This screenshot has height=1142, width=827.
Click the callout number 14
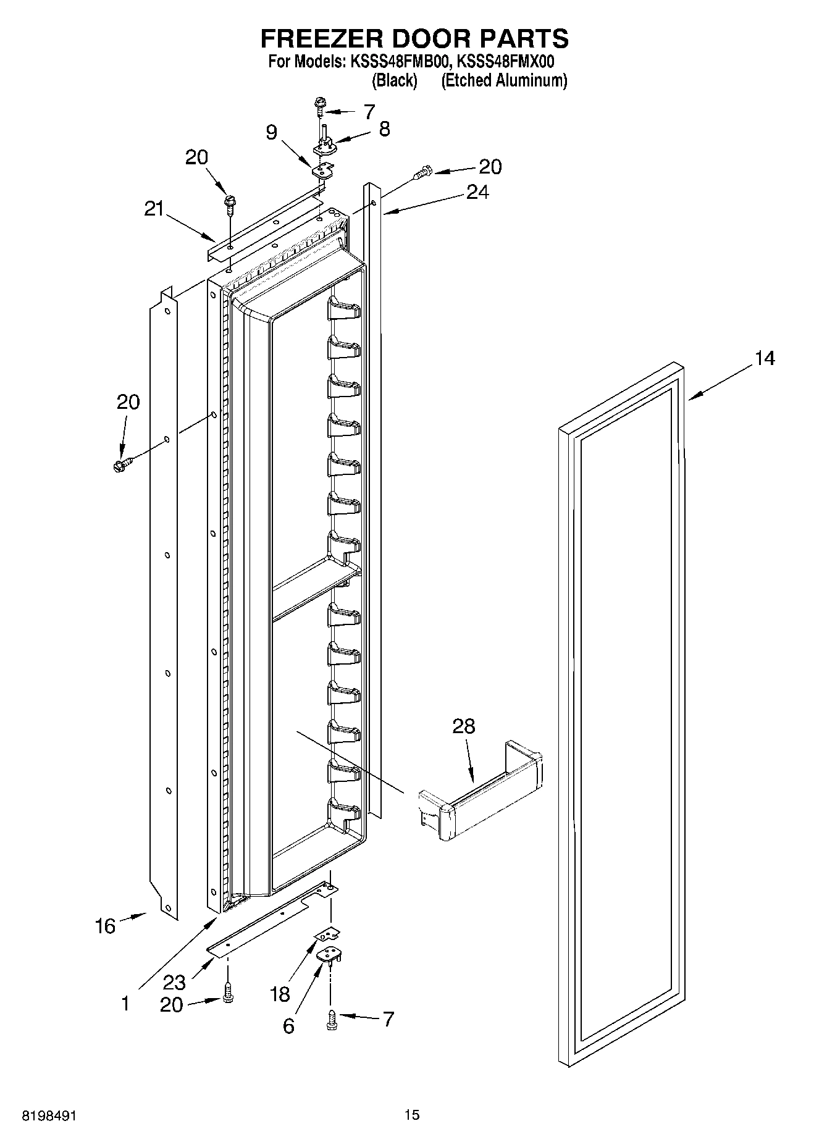[x=764, y=358]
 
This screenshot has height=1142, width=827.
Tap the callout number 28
[x=463, y=726]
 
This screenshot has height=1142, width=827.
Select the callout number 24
[x=477, y=193]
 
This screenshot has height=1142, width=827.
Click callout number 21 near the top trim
[x=154, y=209]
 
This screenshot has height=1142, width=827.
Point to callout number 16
[x=105, y=926]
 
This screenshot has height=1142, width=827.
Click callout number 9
[x=272, y=133]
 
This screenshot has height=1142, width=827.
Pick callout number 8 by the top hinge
[x=384, y=129]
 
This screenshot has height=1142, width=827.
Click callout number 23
[x=175, y=981]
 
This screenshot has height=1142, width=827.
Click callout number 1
[x=125, y=1004]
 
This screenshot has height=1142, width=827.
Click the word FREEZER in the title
[x=319, y=38]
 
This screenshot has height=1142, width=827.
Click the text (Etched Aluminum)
[x=503, y=80]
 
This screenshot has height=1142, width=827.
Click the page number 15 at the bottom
[x=412, y=1115]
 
